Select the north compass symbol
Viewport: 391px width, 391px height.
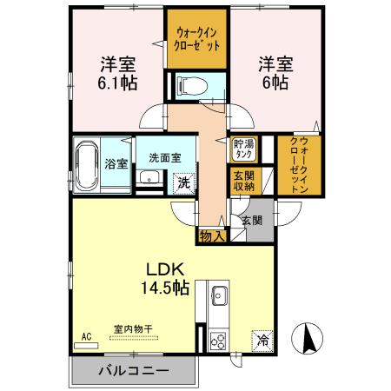308,338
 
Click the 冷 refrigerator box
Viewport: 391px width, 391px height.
262,341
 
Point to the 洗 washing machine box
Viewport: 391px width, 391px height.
183,182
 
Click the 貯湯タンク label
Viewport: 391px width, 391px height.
242,149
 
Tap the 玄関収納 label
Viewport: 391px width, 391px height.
242,181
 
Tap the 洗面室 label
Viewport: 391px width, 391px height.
163,158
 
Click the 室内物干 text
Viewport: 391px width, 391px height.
132,329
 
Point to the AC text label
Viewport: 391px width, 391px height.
86,335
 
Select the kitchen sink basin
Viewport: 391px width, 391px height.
218,293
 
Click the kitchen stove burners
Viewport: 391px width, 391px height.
219,341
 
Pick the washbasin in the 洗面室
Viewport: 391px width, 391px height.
149,179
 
